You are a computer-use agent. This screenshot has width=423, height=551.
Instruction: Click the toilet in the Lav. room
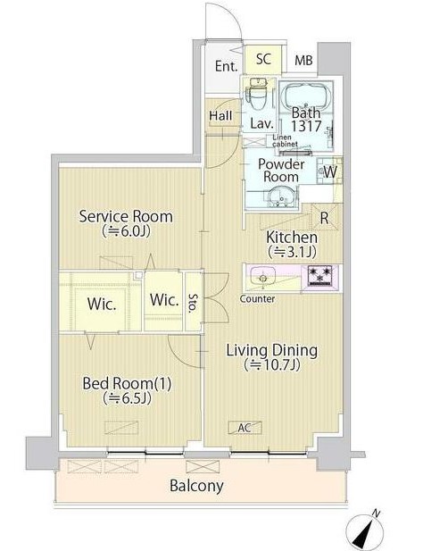[258, 92]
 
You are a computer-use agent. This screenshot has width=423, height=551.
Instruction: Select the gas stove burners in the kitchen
[319, 275]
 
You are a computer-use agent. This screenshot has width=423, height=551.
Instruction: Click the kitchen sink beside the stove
[262, 276]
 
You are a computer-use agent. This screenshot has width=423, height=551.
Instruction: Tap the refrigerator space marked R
[324, 218]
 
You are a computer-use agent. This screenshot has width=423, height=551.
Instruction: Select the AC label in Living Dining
[245, 428]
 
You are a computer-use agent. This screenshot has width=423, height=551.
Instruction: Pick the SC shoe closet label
[263, 59]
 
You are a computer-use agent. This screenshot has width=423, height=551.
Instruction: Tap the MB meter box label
[303, 60]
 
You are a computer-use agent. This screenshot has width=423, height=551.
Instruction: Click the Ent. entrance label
[226, 66]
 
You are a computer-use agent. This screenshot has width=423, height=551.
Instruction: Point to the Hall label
[220, 115]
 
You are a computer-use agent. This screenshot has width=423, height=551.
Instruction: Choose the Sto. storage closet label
[193, 304]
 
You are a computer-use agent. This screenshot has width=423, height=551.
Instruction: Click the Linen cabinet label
[285, 140]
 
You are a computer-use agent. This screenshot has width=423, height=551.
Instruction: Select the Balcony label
[196, 486]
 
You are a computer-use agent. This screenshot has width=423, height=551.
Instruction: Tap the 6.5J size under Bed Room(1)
[128, 398]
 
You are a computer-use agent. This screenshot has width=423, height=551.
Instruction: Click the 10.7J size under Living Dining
[272, 364]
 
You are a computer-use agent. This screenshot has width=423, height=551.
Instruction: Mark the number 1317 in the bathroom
[306, 126]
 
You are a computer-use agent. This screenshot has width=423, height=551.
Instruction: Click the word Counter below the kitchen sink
[257, 298]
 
